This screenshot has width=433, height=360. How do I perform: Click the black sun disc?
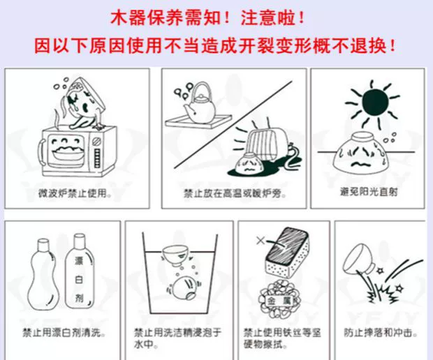click(376, 102)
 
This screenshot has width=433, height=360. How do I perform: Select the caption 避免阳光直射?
click(369, 191)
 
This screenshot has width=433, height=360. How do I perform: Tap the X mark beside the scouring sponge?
click(260, 241)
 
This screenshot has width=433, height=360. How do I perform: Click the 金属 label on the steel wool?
click(279, 301)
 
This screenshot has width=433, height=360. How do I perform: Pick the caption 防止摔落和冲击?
click(381, 333)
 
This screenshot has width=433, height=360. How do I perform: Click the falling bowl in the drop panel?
click(358, 259)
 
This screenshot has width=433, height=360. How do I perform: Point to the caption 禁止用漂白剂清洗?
click(64, 333)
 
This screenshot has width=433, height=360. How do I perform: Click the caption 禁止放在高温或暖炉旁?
click(235, 194)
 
